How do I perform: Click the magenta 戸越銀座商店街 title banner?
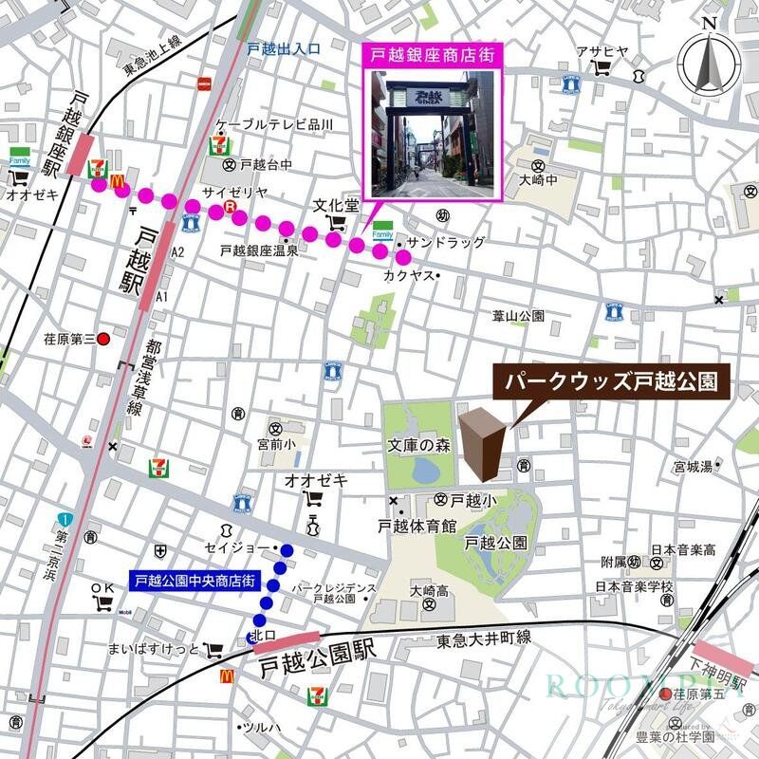[434, 55]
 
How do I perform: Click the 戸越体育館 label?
[417, 524]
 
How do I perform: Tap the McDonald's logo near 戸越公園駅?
[228, 676]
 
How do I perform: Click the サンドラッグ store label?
[446, 243]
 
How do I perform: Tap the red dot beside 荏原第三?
[104, 339]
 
